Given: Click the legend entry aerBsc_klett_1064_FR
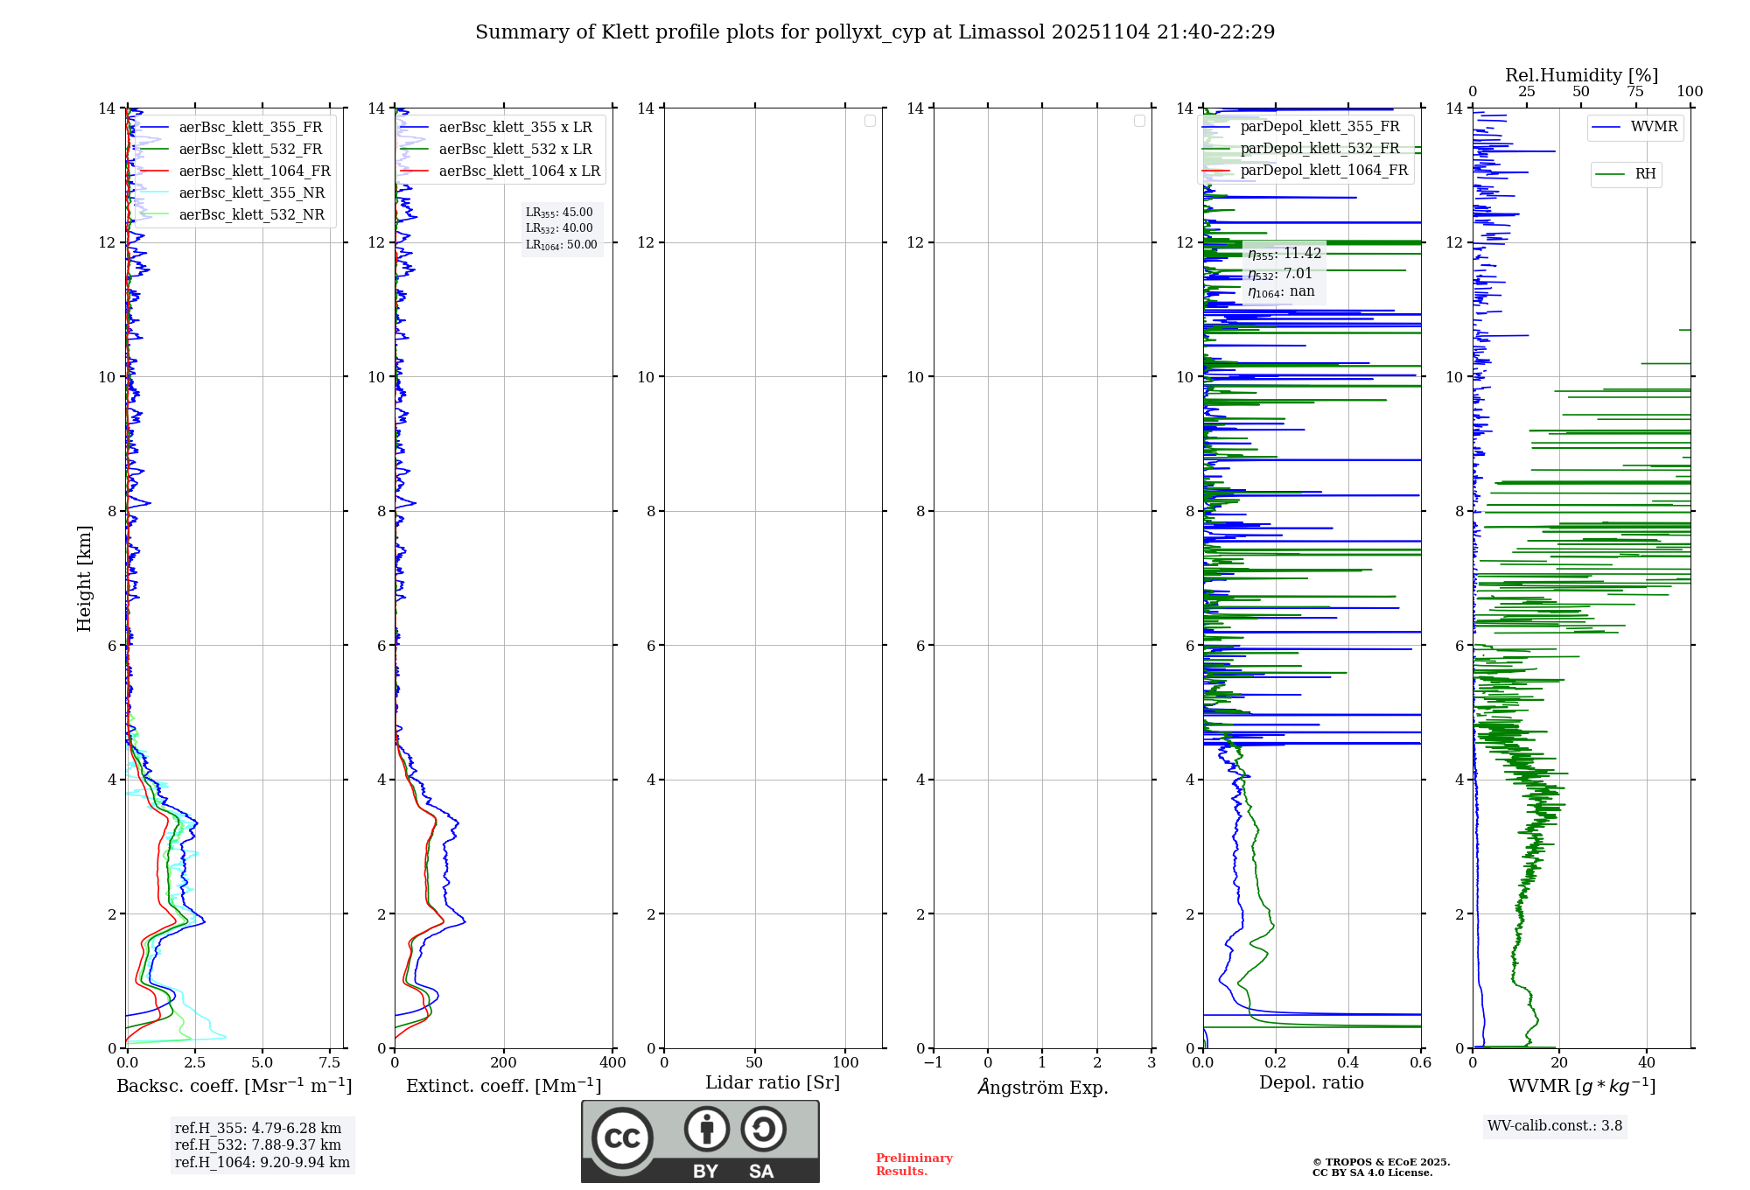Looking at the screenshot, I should pyautogui.click(x=255, y=171).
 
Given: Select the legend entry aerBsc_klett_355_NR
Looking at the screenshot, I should pyautogui.click(x=251, y=193).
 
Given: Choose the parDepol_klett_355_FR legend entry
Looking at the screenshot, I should pyautogui.click(x=1319, y=127).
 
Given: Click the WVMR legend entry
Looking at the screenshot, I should pyautogui.click(x=1654, y=127).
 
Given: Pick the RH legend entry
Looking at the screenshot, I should pyautogui.click(x=1645, y=174).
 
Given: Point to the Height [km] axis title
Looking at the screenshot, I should pyautogui.click(x=84, y=578).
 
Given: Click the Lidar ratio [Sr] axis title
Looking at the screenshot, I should pyautogui.click(x=773, y=1083).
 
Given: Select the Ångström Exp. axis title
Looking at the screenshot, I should pyautogui.click(x=1042, y=1088).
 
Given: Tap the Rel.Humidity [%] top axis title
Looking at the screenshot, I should pyautogui.click(x=1581, y=75).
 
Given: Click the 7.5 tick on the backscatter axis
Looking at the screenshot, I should pyautogui.click(x=330, y=1063).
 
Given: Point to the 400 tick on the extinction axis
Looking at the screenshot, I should pyautogui.click(x=612, y=1063).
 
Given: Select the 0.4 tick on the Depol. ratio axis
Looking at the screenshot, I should pyautogui.click(x=1348, y=1063).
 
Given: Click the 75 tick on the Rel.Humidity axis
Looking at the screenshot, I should pyautogui.click(x=1635, y=92).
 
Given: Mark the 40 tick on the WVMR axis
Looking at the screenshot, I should pyautogui.click(x=1647, y=1063).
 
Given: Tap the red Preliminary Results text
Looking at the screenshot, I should pyautogui.click(x=913, y=1165).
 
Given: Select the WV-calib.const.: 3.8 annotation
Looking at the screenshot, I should pyautogui.click(x=1555, y=1126).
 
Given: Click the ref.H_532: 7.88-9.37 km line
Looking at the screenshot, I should pyautogui.click(x=258, y=1145).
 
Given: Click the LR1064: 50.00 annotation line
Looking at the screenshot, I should pyautogui.click(x=561, y=245).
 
